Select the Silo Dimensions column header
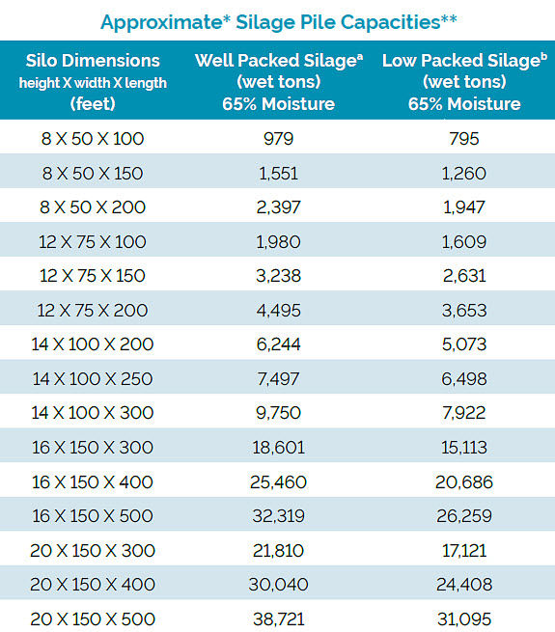click(93, 82)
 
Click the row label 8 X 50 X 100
click(93, 139)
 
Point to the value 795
click(463, 139)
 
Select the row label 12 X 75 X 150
click(93, 276)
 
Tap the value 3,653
click(463, 310)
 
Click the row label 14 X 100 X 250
click(93, 379)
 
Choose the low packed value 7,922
click(463, 413)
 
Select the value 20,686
click(463, 481)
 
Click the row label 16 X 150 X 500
click(93, 516)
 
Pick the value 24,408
click(463, 585)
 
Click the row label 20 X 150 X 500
click(93, 618)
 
